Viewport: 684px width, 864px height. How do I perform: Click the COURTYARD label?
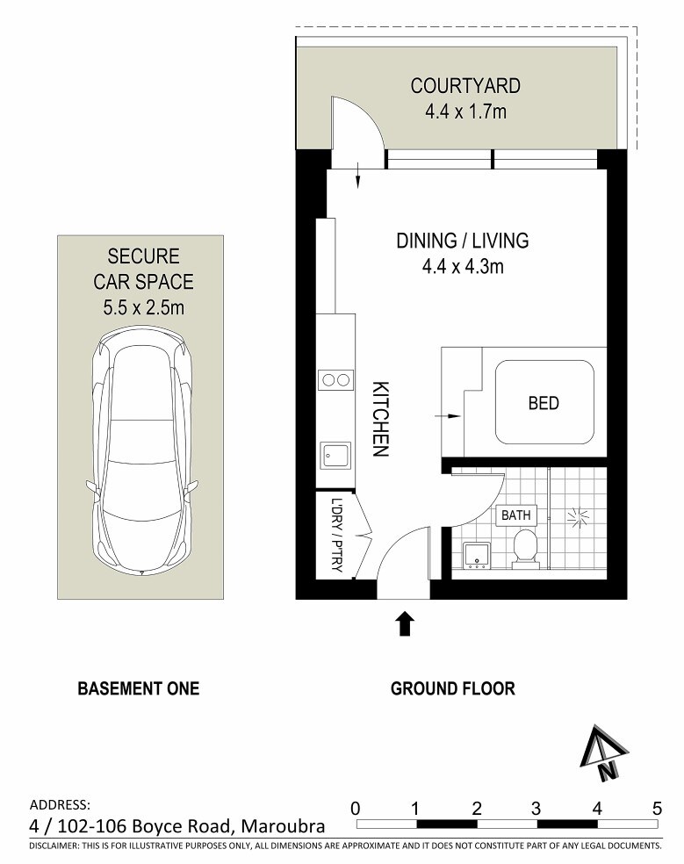465,86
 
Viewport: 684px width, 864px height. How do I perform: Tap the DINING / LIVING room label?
463,241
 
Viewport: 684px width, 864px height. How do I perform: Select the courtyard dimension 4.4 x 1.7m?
465,112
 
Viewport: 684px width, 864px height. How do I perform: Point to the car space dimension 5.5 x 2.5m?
143,307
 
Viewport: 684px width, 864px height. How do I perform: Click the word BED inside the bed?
544,403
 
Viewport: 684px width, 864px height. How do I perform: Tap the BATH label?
516,515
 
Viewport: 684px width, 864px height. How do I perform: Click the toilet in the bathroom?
525,549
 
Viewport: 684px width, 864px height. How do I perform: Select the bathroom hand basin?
477,556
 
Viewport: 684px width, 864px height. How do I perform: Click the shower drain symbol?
578,517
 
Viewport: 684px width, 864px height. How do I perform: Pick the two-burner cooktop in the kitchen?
335,379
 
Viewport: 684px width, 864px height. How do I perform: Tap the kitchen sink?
335,456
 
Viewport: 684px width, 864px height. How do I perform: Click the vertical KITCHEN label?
380,419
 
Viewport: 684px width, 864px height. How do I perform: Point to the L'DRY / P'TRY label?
337,535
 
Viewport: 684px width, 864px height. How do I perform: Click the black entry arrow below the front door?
405,623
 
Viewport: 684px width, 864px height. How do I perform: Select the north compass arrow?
603,753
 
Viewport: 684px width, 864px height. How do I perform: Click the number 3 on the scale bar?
536,809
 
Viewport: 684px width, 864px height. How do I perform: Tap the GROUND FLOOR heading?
452,688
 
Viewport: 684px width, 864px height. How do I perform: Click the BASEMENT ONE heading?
139,688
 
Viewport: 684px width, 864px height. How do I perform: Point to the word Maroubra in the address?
284,826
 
